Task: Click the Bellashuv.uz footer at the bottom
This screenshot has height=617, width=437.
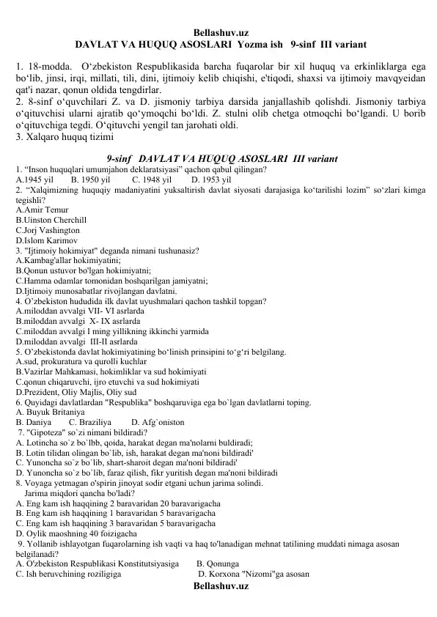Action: (x=219, y=587)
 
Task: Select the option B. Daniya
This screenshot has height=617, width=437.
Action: (x=33, y=423)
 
